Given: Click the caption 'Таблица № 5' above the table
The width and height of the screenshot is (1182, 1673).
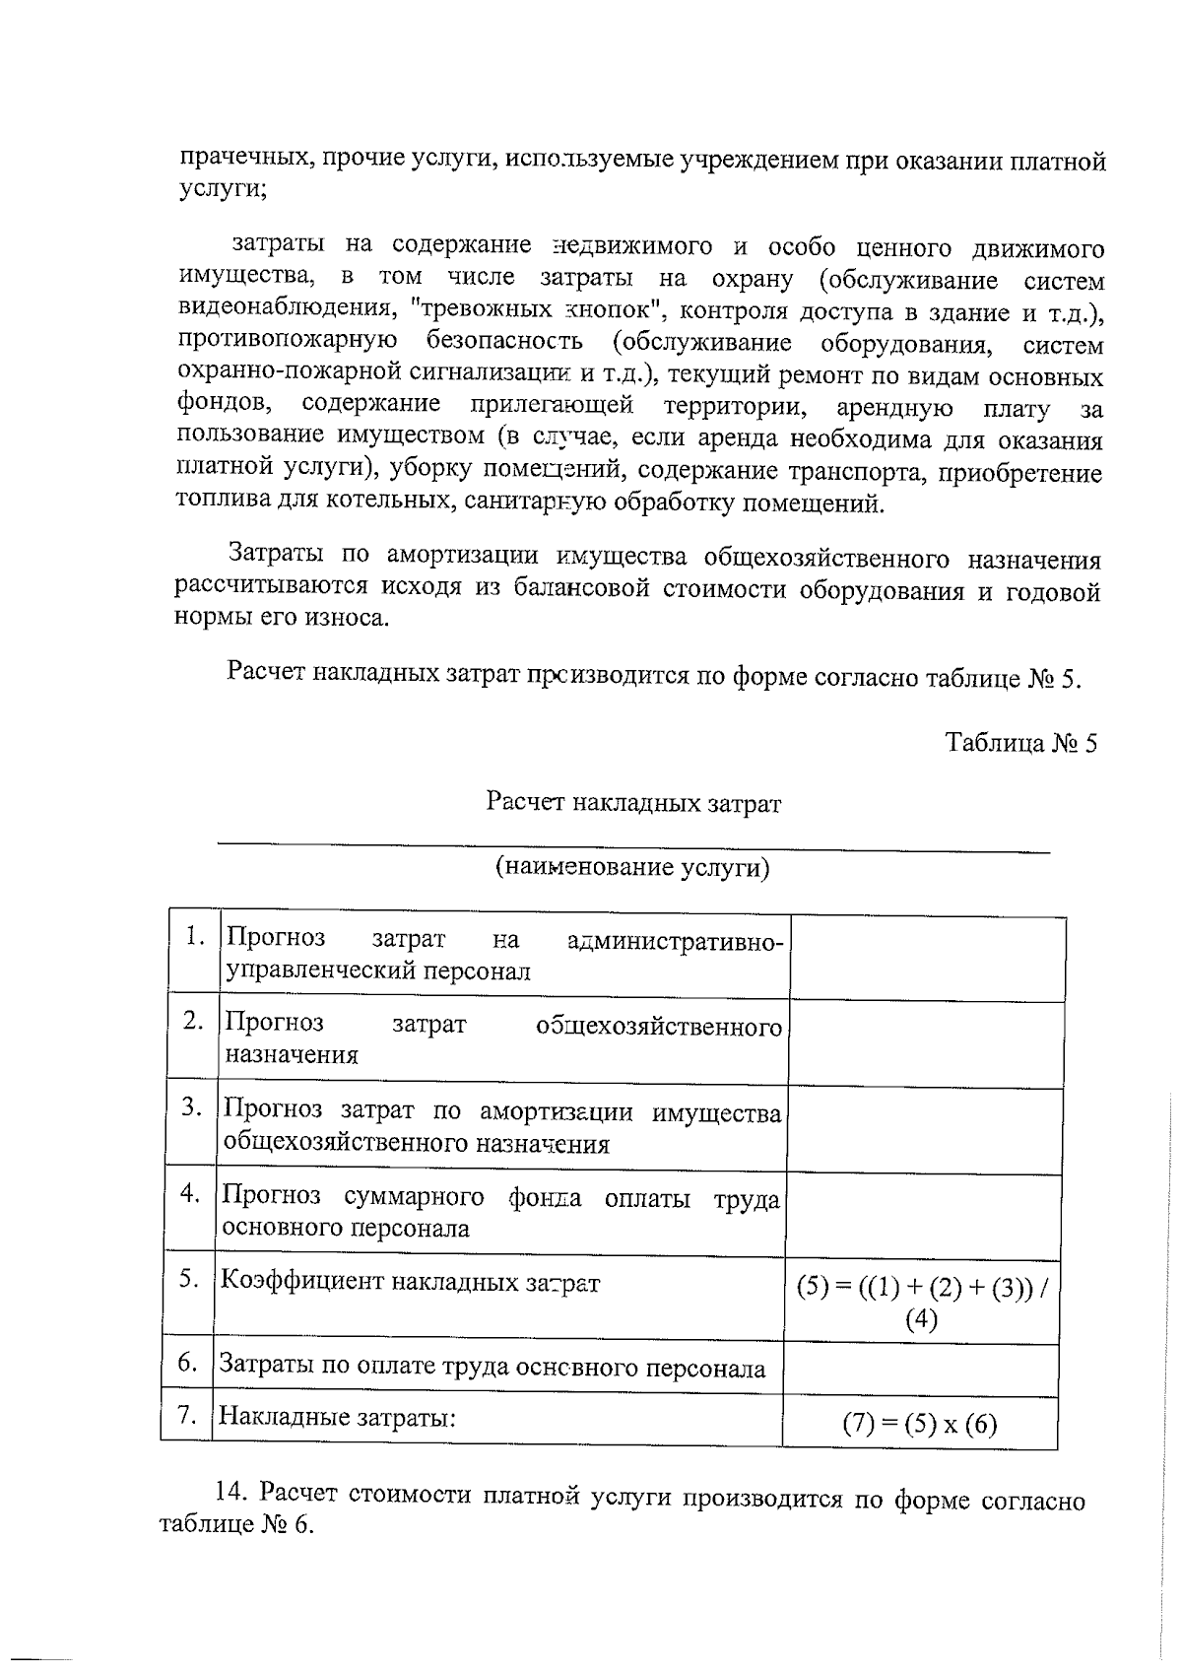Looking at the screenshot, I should [x=1020, y=742].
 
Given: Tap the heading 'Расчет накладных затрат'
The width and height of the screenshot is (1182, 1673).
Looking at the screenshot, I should [x=633, y=803].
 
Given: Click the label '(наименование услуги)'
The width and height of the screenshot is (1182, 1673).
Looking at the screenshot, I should [x=631, y=867].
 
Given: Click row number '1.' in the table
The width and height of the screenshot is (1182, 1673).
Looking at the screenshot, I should [x=195, y=937].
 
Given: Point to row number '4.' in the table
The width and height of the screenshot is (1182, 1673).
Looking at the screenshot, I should [x=190, y=1194].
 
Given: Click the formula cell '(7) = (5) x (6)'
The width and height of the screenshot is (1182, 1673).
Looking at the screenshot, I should [x=919, y=1425].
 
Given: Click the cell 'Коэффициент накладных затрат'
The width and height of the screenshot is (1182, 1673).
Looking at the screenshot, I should [x=410, y=1282].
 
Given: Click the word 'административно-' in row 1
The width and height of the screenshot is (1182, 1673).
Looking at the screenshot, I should [x=676, y=942].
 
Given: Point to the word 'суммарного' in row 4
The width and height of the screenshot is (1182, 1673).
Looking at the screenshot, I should [x=414, y=1197].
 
